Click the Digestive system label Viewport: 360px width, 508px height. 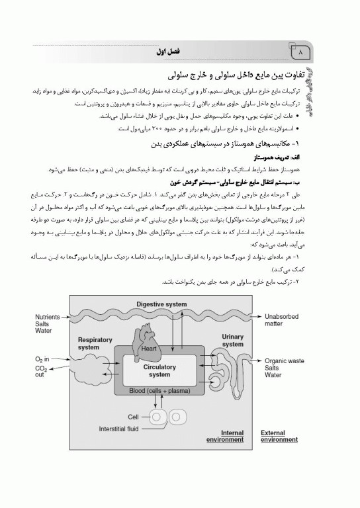click(x=162, y=304)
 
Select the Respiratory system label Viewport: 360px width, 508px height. click(x=92, y=343)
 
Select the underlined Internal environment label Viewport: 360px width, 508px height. click(x=224, y=436)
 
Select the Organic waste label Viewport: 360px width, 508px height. click(x=285, y=360)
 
